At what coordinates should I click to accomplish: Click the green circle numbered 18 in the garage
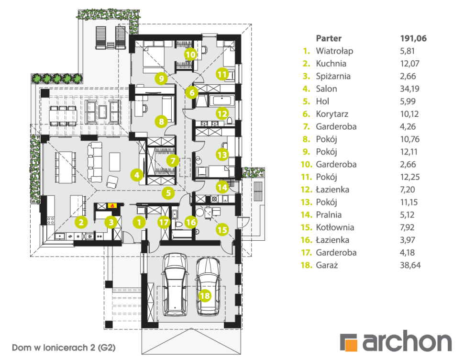coord(205,296)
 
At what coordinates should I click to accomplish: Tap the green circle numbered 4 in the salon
coord(137,175)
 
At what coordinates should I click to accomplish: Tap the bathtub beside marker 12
coord(221,101)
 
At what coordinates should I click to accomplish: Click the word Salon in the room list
coord(326,89)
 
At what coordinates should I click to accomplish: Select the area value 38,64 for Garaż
coord(410,265)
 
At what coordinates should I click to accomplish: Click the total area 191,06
coord(413,38)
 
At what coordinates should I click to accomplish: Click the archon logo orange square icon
coord(348,342)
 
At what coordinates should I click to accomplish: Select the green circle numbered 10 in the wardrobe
coord(190,55)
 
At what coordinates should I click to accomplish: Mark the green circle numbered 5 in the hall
coord(167,193)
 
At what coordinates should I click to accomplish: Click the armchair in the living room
coord(113,182)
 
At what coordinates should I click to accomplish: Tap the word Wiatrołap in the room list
coord(334,51)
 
